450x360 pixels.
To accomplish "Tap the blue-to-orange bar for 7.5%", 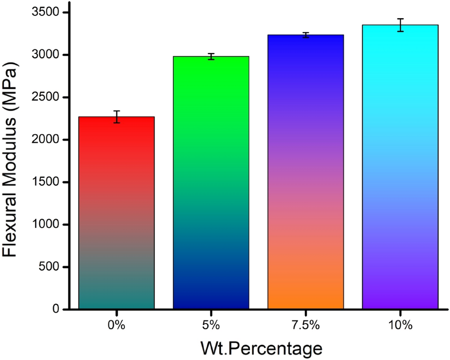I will click(x=305, y=172).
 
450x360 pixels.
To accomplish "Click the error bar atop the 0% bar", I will click(x=116, y=117).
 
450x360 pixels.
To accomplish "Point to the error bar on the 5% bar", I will click(x=211, y=56).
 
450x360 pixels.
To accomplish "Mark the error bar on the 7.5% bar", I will click(x=305, y=35).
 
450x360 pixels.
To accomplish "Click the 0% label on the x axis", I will click(x=116, y=326).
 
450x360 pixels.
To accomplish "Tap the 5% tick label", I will click(x=211, y=326).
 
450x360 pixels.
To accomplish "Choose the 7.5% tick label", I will click(x=305, y=326).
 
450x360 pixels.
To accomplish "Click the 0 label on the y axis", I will click(x=55, y=309).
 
